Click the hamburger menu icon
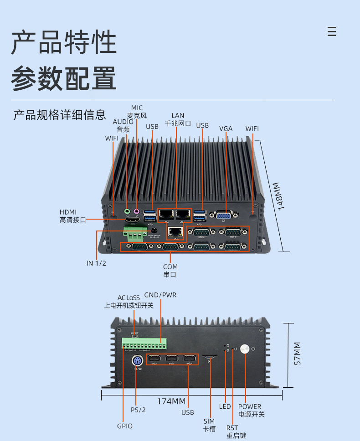pyautogui.click(x=332, y=31)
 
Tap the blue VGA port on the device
pyautogui.click(x=224, y=216)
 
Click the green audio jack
pyautogui.click(x=127, y=211)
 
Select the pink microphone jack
pyautogui.click(x=137, y=211)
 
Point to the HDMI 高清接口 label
pyautogui.click(x=72, y=216)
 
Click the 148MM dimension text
pyautogui.click(x=278, y=196)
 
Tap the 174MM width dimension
pyautogui.click(x=171, y=401)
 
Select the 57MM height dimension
pyautogui.click(x=297, y=354)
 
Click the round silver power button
pyautogui.click(x=245, y=349)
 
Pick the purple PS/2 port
pyautogui.click(x=137, y=361)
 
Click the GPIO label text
pyautogui.click(x=125, y=426)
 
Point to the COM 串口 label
pyautogui.click(x=170, y=270)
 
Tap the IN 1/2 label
pyautogui.click(x=96, y=263)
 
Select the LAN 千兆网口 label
pyautogui.click(x=178, y=119)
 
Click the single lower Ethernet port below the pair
pyautogui.click(x=175, y=232)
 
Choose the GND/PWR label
pyautogui.click(x=160, y=295)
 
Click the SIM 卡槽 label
pyautogui.click(x=209, y=425)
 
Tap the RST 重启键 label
pyautogui.click(x=236, y=432)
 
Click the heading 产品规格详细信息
pyautogui.click(x=60, y=115)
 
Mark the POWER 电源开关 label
pyautogui.click(x=252, y=410)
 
